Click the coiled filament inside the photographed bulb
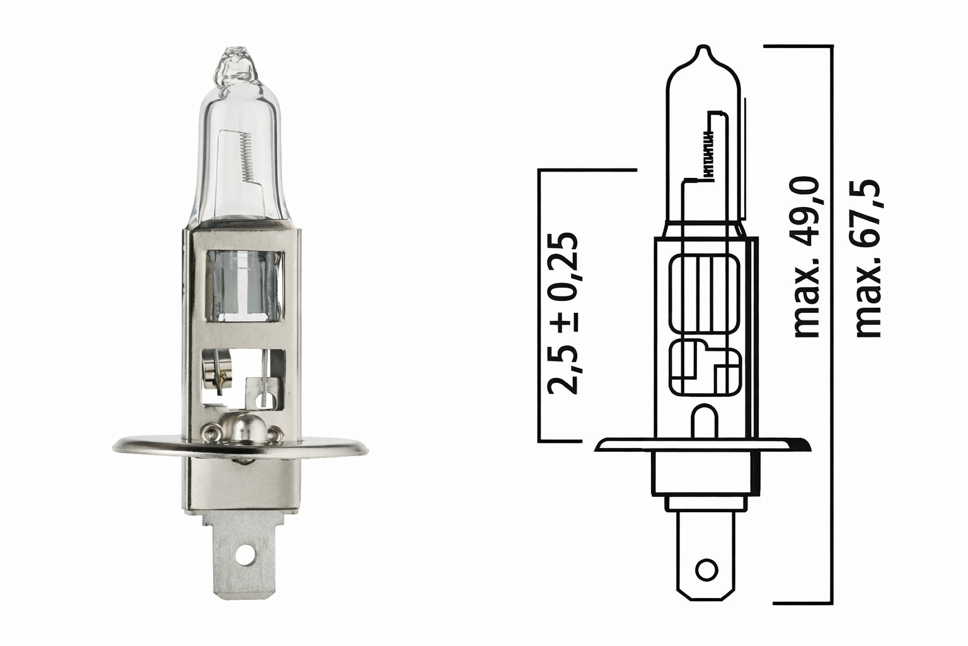(x=246, y=157)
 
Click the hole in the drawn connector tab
(x=706, y=569)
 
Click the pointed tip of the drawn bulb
(x=704, y=49)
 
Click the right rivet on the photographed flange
(x=274, y=433)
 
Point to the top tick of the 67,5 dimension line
(x=797, y=45)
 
